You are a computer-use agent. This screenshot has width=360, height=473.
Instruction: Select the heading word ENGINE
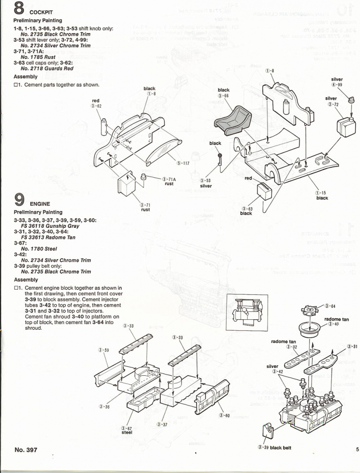point(40,204)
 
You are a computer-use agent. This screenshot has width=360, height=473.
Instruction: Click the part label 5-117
point(183,163)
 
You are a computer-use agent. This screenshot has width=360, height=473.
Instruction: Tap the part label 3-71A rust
point(169,181)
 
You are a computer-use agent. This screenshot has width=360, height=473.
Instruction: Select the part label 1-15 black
point(322,195)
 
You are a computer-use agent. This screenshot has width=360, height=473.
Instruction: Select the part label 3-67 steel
point(127,430)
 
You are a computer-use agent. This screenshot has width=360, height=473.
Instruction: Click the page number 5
point(357,449)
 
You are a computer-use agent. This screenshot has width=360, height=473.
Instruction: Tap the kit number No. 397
point(26,449)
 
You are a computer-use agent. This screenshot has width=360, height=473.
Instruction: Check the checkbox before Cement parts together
point(16,85)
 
